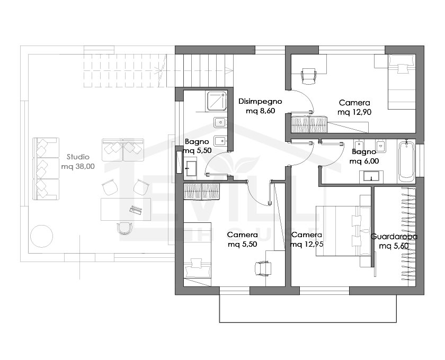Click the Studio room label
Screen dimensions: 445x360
tap(78, 157)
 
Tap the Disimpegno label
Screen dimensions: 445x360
tap(260, 102)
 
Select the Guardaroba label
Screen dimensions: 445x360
tap(394, 237)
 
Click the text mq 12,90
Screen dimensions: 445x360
tap(354, 112)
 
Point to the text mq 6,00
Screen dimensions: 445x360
tap(364, 161)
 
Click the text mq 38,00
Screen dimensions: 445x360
tap(78, 167)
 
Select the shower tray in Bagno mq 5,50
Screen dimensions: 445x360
tap(217, 101)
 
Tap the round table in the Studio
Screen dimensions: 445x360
tap(41, 236)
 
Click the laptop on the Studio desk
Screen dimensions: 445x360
tap(136, 209)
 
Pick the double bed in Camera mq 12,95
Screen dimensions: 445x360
tap(343, 231)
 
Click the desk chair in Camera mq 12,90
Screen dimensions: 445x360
tap(309, 76)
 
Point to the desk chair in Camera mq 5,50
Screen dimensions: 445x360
tap(263, 268)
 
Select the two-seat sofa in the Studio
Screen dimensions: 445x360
tap(123, 150)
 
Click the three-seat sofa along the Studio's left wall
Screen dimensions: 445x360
tap(46, 169)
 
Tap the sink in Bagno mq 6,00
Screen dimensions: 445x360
tap(371, 176)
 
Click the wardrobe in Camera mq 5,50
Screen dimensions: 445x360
tap(202, 191)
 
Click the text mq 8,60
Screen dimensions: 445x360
tap(260, 111)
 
